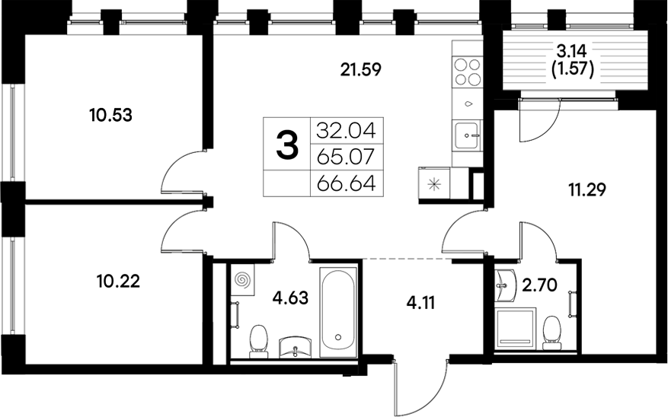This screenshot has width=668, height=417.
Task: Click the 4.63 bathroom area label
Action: (x=290, y=298)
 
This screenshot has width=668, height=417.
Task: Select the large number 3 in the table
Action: (x=286, y=145)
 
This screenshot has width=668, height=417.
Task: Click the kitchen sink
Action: (x=468, y=137)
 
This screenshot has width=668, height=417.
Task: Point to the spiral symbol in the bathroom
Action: (x=244, y=281)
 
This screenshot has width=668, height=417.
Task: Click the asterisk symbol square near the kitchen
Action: (x=435, y=183)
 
